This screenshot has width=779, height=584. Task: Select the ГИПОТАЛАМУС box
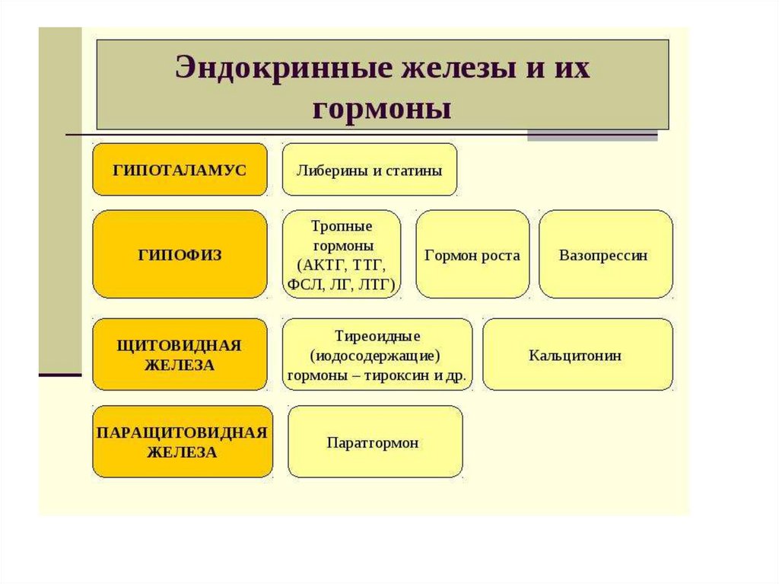pyautogui.click(x=180, y=170)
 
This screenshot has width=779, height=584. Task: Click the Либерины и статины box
pyautogui.click(x=370, y=170)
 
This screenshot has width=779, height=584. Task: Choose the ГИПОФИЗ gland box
pyautogui.click(x=180, y=254)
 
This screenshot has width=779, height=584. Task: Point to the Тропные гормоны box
pyautogui.click(x=342, y=254)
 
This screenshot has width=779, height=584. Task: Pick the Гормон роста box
pyautogui.click(x=472, y=254)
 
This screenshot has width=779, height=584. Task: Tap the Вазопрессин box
pyautogui.click(x=606, y=254)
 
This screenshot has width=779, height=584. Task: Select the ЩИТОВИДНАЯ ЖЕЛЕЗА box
pyautogui.click(x=180, y=355)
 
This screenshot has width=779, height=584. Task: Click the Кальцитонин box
pyautogui.click(x=577, y=355)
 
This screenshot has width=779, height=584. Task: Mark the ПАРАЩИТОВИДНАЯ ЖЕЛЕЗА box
pyautogui.click(x=182, y=442)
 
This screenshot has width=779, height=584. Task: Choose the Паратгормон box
pyautogui.click(x=375, y=442)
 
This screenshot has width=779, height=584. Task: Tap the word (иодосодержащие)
pyautogui.click(x=376, y=356)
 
